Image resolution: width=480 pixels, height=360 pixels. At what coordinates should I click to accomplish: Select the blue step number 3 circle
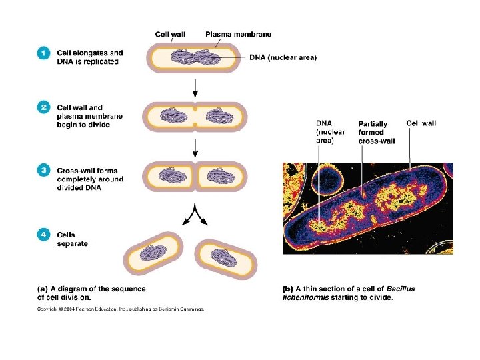[43, 171]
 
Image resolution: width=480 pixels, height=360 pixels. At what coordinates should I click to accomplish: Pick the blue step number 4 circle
[43, 235]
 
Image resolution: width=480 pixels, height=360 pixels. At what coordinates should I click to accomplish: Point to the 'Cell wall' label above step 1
[171, 33]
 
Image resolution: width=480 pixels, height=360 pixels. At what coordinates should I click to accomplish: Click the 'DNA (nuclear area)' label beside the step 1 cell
[283, 57]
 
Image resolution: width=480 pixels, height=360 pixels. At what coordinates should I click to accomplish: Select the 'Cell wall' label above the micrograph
[421, 123]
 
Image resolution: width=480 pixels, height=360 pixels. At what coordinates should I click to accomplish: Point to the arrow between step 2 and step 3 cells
[195, 148]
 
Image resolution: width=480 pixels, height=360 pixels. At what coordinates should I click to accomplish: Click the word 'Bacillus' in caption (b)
[399, 289]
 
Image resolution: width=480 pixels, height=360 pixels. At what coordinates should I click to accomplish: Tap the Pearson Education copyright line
[120, 309]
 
